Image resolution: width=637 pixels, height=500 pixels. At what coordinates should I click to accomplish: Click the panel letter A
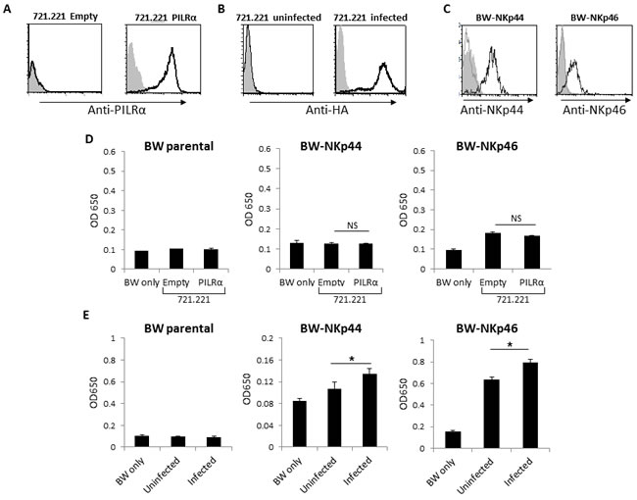[9, 9]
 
